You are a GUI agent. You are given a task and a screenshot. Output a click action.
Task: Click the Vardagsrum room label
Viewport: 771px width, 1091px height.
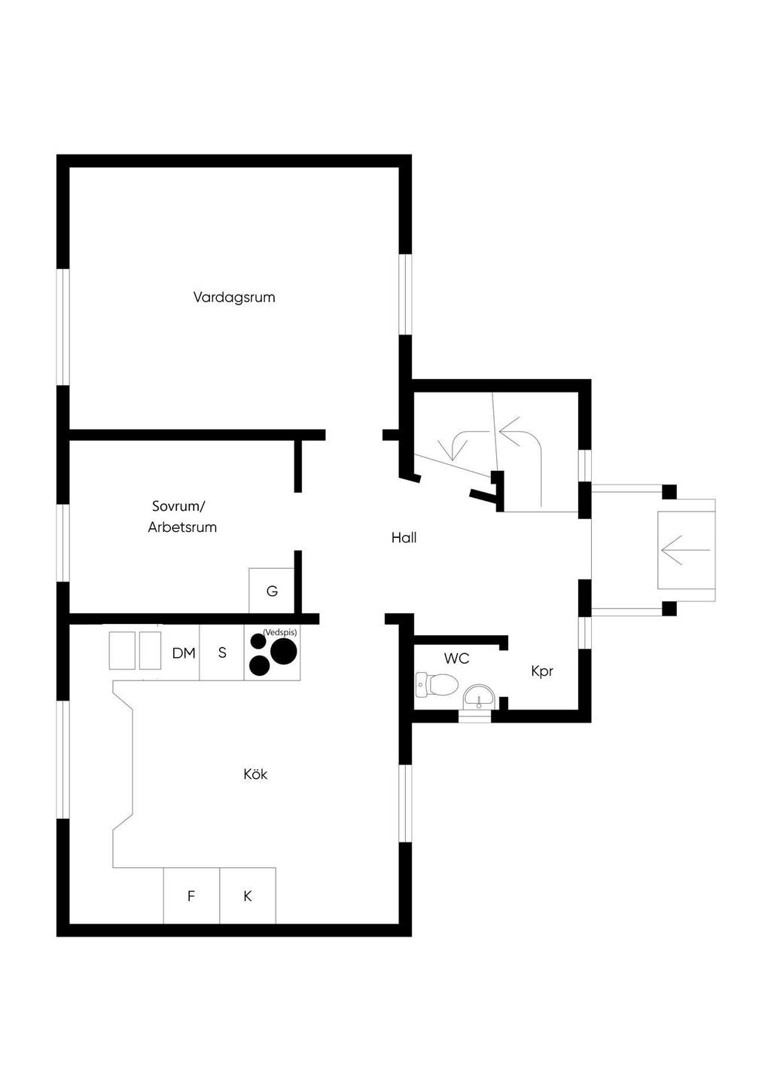[x=234, y=297]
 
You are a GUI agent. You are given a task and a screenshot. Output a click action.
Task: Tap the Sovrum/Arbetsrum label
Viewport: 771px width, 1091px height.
[x=182, y=516]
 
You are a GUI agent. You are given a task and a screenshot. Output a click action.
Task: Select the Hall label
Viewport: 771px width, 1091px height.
[x=404, y=538]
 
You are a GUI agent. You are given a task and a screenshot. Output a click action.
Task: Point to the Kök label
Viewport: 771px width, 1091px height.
[x=255, y=774]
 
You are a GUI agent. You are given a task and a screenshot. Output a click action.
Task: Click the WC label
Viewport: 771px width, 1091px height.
[x=456, y=659]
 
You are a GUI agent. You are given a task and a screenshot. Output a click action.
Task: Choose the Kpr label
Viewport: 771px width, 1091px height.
[x=542, y=671]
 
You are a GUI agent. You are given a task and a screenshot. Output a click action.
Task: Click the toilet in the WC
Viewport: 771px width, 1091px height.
[x=438, y=685]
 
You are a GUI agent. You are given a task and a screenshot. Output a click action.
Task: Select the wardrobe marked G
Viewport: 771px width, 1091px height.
[x=272, y=591]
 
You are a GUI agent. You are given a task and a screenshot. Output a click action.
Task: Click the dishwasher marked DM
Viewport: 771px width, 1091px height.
[x=183, y=653]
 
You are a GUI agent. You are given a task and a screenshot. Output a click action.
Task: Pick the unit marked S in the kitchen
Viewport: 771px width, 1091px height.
[x=222, y=652]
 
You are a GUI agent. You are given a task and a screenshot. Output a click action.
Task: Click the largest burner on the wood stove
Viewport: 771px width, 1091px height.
[x=285, y=652]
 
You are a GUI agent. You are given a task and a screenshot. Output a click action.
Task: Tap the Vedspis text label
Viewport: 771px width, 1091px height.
[x=279, y=632]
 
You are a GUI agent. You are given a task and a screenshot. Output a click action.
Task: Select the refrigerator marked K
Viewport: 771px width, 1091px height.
[x=248, y=896]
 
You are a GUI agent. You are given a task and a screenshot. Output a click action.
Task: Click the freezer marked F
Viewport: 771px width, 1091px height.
[x=191, y=896]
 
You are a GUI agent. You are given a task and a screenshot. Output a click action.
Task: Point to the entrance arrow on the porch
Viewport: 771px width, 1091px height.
[x=685, y=550]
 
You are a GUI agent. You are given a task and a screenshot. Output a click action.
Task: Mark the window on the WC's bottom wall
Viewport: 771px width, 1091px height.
[x=475, y=717]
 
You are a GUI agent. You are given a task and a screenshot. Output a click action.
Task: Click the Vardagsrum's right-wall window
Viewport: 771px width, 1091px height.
[x=405, y=294]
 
